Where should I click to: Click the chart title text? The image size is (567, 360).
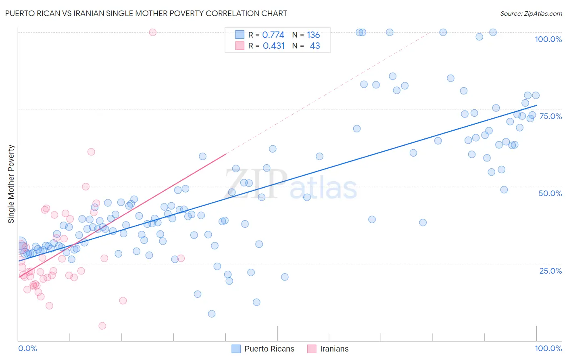pos(146,13)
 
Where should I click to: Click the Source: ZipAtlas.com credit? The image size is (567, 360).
pos(531,14)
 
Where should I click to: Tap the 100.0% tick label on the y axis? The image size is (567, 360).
pos(548,39)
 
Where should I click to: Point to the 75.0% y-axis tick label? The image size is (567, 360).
pos(550,116)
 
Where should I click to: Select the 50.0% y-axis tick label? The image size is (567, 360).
pos(550,193)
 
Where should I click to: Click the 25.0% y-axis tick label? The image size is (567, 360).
pos(550,271)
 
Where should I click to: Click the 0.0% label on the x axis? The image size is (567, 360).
pos(27,348)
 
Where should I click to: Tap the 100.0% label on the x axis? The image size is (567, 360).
pos(548,348)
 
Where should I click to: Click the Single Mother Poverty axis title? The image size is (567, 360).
pos(11,184)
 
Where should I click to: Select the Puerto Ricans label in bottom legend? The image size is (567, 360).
pos(269,349)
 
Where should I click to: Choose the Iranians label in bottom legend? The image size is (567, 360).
pos(334,349)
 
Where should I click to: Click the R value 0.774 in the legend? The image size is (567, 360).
pos(273,35)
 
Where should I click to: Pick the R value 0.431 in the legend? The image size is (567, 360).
pos(274,46)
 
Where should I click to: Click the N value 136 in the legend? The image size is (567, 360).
pos(313,35)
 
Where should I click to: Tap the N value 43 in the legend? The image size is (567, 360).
pos(315,46)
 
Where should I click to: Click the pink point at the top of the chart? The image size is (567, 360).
pos(152,32)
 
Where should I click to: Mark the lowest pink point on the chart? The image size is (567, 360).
pos(102,326)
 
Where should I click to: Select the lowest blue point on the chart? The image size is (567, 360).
pos(212,314)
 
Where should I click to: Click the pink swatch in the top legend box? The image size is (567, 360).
pos(240,46)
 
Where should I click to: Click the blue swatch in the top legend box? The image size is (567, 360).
pos(240,35)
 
